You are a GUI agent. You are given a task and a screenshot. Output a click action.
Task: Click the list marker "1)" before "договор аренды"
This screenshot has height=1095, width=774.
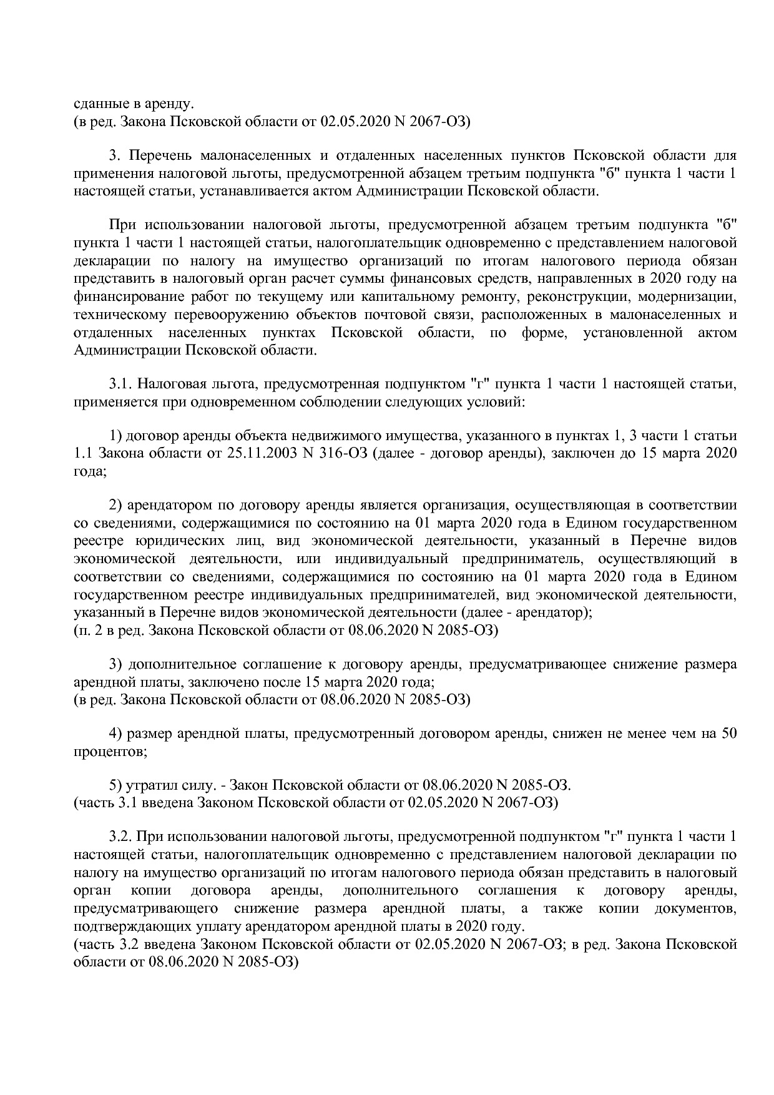(x=115, y=435)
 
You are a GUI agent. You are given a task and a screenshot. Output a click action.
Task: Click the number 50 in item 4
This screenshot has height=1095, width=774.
(x=728, y=734)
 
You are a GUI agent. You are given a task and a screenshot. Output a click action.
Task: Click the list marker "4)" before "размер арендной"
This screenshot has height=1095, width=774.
(x=115, y=734)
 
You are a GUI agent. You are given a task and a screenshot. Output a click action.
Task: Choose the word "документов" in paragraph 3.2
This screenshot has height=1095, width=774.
(x=698, y=908)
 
